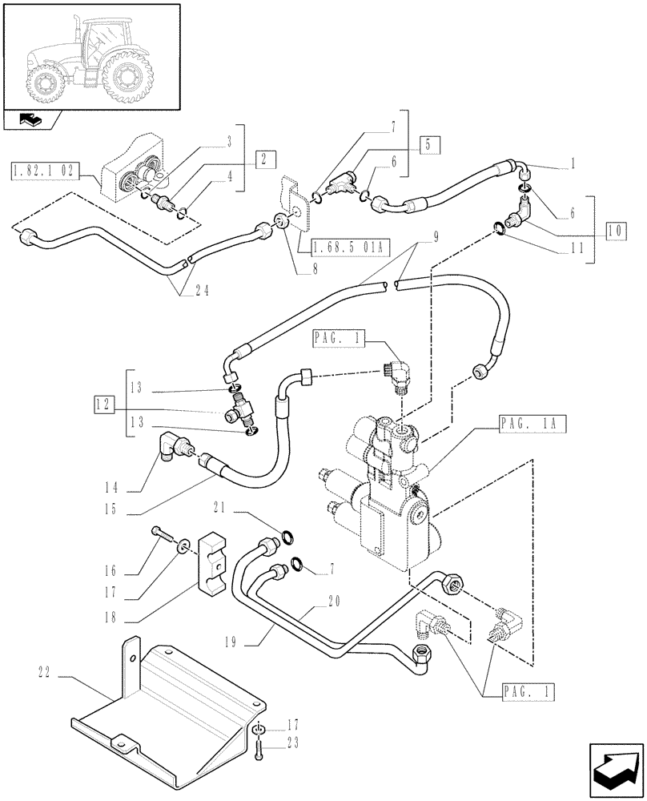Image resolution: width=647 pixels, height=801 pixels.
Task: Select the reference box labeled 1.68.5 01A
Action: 342,247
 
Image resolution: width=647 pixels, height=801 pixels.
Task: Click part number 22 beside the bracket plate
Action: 46,673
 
